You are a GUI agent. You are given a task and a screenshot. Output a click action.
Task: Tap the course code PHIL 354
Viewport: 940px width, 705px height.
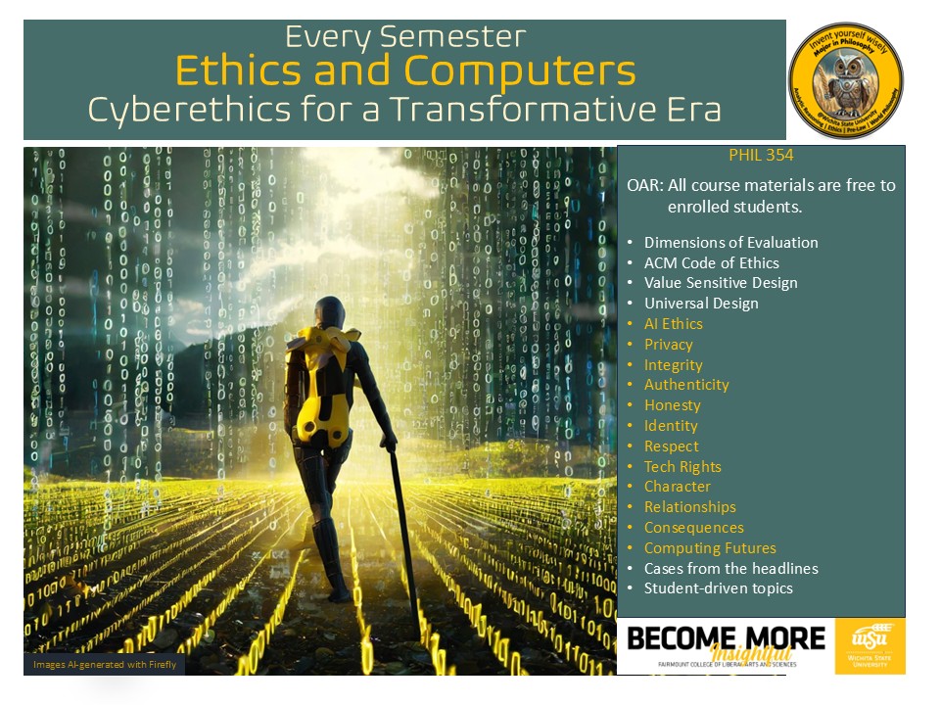click(760, 156)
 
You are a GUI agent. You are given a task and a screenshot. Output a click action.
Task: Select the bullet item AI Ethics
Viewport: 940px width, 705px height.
click(673, 324)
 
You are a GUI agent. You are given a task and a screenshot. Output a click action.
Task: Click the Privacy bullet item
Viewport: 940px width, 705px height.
click(668, 345)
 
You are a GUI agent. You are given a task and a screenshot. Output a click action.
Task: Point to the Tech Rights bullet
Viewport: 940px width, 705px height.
click(682, 467)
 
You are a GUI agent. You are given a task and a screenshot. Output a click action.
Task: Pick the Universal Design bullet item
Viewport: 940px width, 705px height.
click(700, 304)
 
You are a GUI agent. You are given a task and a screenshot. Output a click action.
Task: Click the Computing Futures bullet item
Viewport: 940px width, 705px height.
click(709, 548)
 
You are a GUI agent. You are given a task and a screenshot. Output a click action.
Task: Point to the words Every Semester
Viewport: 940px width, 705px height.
click(405, 37)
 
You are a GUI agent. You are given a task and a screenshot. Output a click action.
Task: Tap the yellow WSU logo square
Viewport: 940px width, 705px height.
click(869, 645)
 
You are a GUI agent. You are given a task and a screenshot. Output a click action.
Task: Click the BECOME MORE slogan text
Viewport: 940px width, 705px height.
click(726, 639)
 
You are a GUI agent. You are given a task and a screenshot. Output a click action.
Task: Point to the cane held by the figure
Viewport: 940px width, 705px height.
click(403, 529)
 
